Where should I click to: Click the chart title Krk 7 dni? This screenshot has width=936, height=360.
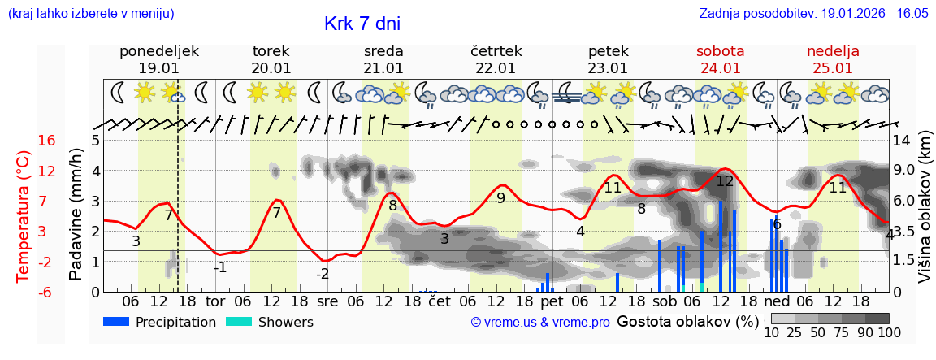tap(362, 24)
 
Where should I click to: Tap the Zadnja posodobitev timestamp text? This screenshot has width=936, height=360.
tap(813, 14)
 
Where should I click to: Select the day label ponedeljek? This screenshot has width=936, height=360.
tap(159, 51)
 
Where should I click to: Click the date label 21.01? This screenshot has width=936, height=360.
tap(383, 68)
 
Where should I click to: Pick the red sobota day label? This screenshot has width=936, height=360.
tap(720, 51)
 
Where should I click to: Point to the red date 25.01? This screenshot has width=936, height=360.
tap(833, 68)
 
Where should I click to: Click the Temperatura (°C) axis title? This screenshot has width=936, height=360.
tap(23, 216)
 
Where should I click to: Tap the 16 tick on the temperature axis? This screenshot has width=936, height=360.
tap(46, 141)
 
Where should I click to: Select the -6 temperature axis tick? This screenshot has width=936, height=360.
tap(46, 292)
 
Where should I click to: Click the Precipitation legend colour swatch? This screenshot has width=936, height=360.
tap(116, 322)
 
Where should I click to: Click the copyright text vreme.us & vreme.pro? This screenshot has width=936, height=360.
tap(539, 322)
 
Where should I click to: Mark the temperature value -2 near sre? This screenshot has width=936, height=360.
tap(323, 274)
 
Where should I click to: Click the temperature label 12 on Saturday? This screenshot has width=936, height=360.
tap(725, 181)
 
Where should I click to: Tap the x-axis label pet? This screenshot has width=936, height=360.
tap(552, 301)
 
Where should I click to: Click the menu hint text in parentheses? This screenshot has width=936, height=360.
tap(90, 14)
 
